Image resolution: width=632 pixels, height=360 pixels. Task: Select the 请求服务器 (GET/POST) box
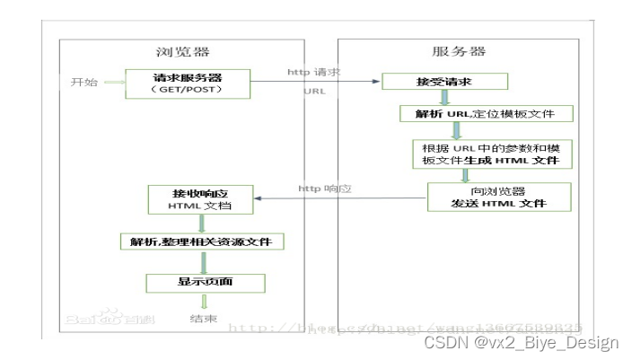point(187,83)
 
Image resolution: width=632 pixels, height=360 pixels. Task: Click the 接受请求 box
point(445,82)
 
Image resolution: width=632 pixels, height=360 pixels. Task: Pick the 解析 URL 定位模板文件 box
point(485,114)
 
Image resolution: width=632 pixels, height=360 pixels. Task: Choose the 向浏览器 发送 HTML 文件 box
point(498,197)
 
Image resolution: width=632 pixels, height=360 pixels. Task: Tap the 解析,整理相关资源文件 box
point(202,241)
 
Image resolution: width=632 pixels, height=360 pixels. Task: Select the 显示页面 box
point(206,284)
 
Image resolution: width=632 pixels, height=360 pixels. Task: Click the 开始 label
point(83,83)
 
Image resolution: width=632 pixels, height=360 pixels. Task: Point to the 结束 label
point(202,319)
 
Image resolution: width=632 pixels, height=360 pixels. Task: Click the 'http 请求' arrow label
point(314,71)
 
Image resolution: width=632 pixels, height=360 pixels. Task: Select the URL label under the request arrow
point(315,92)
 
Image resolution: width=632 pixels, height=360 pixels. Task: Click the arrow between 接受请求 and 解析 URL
point(455,99)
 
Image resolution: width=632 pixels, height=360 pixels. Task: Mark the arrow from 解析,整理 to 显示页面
point(206,263)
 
